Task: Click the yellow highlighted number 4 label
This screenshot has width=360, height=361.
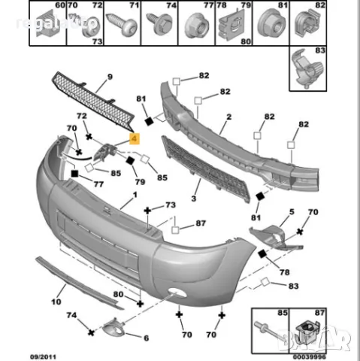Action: pyautogui.click(x=135, y=138)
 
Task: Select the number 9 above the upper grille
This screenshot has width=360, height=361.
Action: pyautogui.click(x=110, y=77)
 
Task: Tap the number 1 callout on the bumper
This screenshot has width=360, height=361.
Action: pyautogui.click(x=135, y=195)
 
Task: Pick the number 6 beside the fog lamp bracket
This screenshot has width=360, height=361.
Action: pyautogui.click(x=146, y=338)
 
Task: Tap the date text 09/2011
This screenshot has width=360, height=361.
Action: pyautogui.click(x=43, y=355)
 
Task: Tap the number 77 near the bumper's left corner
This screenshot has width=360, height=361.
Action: pyautogui.click(x=98, y=183)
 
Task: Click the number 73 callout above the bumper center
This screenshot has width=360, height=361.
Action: pyautogui.click(x=171, y=205)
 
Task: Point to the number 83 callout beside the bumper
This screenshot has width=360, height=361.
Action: pyautogui.click(x=294, y=286)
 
